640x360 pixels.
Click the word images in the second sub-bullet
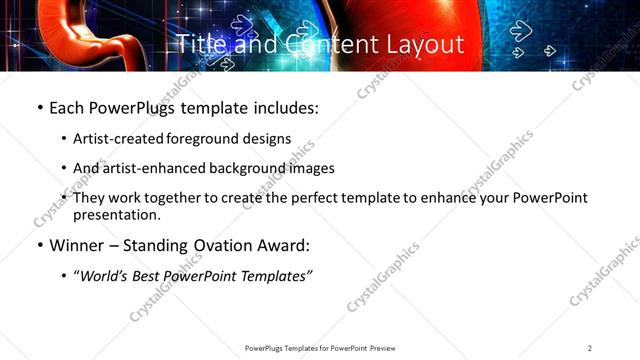coord(311,168)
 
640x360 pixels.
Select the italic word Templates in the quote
coord(272,276)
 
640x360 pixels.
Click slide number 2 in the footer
coord(590,347)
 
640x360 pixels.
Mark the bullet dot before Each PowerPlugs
coord(39,108)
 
